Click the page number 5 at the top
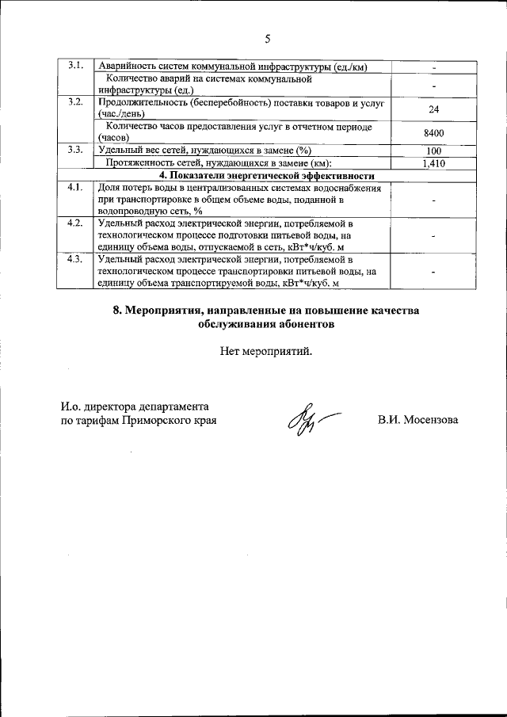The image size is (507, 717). click(x=267, y=39)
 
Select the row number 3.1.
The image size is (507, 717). click(x=75, y=65)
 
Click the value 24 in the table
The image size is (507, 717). click(x=433, y=109)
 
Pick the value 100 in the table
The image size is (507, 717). click(x=433, y=150)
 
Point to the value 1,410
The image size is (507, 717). click(x=433, y=163)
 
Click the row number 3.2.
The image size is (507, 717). click(x=75, y=103)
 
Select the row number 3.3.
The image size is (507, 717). click(x=75, y=150)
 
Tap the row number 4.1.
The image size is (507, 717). click(x=75, y=188)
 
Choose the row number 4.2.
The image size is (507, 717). click(x=75, y=223)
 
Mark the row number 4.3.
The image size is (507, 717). click(x=75, y=259)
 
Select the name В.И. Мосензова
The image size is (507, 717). click(x=417, y=421)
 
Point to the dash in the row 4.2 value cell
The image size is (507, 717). click(x=433, y=235)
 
